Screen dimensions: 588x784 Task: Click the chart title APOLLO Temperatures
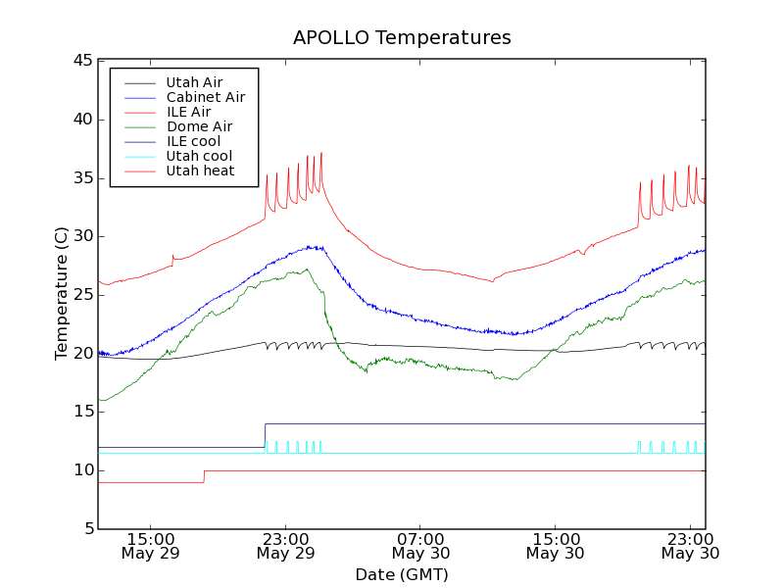click(x=402, y=38)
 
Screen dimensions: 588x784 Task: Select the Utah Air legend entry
click(x=194, y=82)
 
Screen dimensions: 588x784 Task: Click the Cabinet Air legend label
click(x=205, y=97)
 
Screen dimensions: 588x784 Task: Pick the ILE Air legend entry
click(x=188, y=112)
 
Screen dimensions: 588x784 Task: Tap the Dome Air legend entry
click(x=199, y=126)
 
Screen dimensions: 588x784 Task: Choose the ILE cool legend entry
click(x=193, y=141)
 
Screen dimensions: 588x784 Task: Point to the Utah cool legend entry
click(x=199, y=156)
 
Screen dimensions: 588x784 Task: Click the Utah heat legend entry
click(x=200, y=171)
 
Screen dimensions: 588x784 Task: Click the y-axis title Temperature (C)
click(x=62, y=294)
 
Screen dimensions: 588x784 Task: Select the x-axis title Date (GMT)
click(x=402, y=574)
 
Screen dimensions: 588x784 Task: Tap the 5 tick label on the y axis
click(x=86, y=529)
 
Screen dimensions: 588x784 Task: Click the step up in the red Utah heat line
click(x=204, y=476)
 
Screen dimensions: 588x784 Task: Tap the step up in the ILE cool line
click(x=265, y=435)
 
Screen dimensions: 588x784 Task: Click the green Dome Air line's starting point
click(x=99, y=400)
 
